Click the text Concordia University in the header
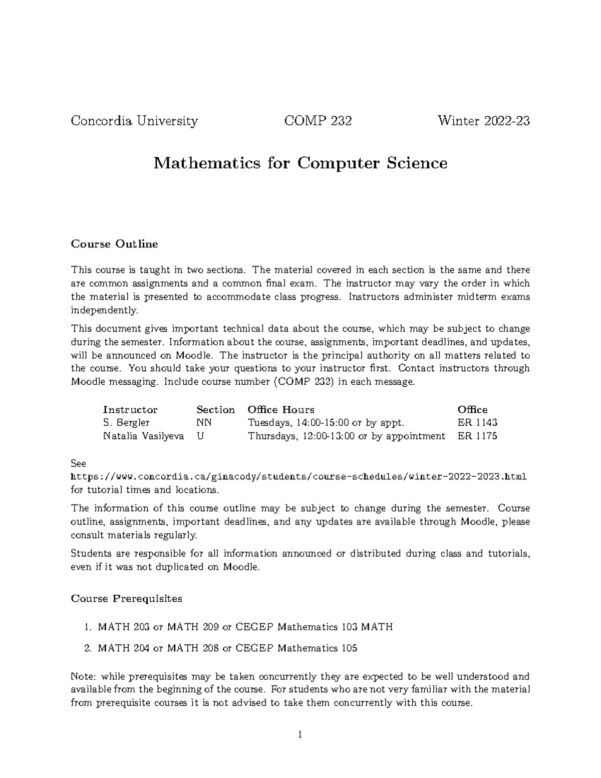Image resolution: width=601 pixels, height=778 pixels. (134, 121)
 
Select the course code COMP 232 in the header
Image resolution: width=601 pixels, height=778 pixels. (318, 121)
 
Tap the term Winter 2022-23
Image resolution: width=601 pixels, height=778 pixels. (483, 121)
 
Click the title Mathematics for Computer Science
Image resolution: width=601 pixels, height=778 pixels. (300, 163)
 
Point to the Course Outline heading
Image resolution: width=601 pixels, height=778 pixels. (114, 244)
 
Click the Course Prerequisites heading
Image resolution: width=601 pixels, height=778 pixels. (126, 599)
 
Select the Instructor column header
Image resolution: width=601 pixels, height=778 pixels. (130, 410)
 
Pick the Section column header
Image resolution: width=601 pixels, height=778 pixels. (215, 410)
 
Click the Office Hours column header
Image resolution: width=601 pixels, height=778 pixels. (281, 410)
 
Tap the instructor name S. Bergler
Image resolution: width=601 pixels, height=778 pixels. (126, 423)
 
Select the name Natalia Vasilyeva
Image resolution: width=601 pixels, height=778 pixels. (143, 436)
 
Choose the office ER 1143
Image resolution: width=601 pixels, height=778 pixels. (477, 423)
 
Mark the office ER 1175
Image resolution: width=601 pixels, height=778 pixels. (477, 436)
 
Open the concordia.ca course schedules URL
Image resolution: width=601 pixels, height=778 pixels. (299, 476)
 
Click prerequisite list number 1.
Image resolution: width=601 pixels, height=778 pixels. (87, 627)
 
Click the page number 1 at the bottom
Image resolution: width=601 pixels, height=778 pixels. (300, 735)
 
